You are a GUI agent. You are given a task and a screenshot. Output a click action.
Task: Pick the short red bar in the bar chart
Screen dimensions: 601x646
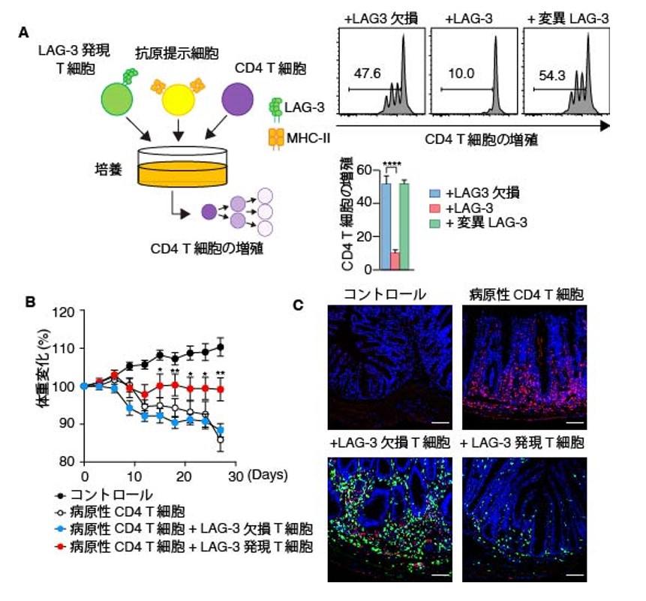point(395,260)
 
